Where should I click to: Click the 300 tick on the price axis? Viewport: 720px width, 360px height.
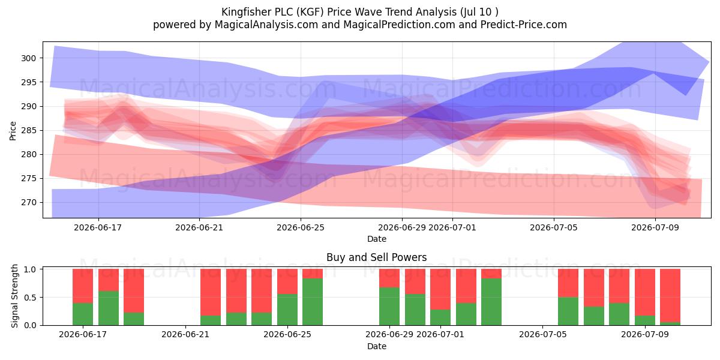tap(29, 59)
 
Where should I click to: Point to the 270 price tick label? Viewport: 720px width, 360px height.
tap(29, 203)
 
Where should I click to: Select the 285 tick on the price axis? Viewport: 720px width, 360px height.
tap(29, 131)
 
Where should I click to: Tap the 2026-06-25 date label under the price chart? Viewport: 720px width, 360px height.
tap(301, 227)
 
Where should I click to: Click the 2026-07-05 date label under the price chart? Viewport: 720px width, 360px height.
tap(554, 227)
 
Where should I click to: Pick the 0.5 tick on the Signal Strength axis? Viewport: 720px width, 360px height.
tap(30, 298)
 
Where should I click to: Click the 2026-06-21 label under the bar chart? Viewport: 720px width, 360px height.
tap(185, 334)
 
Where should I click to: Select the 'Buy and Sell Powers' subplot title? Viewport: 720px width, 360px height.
tap(376, 257)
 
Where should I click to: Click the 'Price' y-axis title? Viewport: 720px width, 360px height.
tap(13, 131)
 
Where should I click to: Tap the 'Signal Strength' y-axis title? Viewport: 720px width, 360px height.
tap(14, 296)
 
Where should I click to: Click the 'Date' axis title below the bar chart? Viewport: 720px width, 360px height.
tap(377, 346)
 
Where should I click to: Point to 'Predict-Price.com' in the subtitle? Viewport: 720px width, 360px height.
tap(524, 25)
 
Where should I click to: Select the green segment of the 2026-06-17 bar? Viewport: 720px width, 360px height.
tap(83, 314)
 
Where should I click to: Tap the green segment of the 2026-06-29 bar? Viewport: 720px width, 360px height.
tap(389, 307)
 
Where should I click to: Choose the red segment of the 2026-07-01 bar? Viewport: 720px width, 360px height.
tap(440, 289)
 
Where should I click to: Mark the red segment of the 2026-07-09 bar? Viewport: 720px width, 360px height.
tap(645, 292)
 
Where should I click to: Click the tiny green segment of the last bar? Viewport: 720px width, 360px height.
tap(670, 323)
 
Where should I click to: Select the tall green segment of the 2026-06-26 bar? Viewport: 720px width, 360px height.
tap(313, 302)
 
